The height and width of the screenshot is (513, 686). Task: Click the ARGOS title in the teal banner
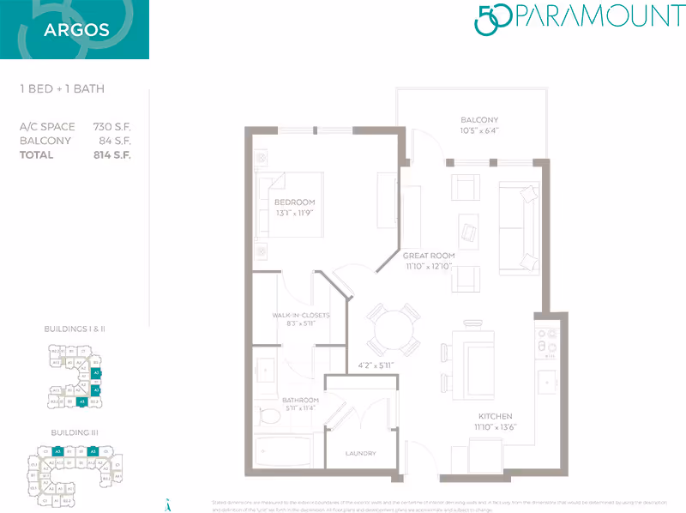[76, 31]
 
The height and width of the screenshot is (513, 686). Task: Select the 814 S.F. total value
[112, 155]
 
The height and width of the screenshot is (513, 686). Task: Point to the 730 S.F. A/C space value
[112, 127]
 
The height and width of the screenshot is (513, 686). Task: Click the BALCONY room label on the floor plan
[479, 120]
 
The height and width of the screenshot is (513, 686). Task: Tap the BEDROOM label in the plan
[294, 202]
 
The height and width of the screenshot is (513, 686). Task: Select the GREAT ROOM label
[428, 256]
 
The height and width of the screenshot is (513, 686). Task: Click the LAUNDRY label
[361, 453]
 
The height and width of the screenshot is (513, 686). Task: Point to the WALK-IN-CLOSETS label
[301, 316]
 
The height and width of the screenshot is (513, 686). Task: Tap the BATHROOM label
[300, 401]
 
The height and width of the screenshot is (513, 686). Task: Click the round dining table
[393, 328]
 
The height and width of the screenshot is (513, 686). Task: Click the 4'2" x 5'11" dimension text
[376, 365]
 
